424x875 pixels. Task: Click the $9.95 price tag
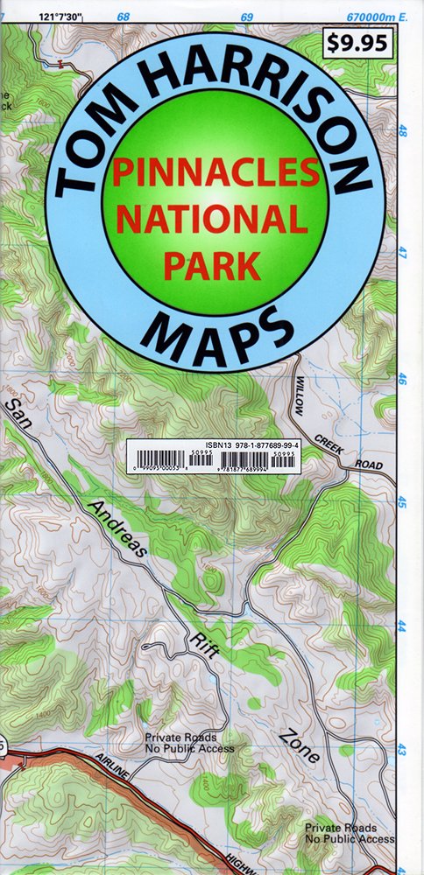point(358,43)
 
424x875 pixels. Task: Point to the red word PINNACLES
point(215,173)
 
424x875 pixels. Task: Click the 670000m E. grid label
point(378,17)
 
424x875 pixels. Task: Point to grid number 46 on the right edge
point(403,380)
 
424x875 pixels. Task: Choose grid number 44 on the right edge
point(403,626)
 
